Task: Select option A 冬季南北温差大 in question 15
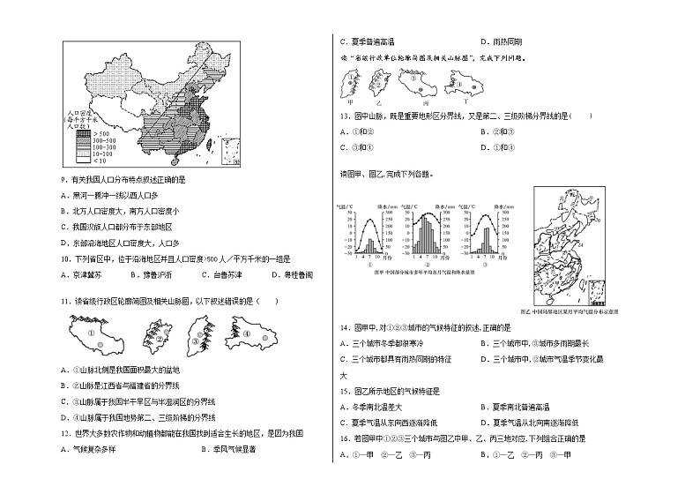(381, 407)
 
